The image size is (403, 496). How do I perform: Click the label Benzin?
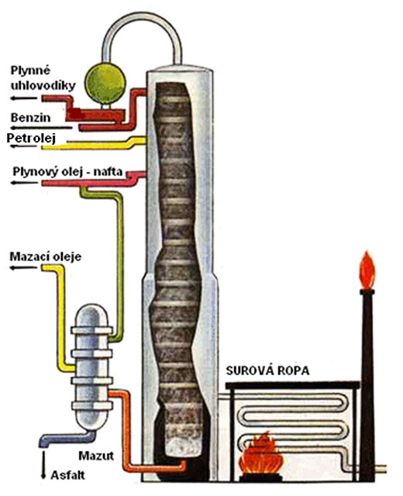(30, 118)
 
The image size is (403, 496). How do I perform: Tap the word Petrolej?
(31, 138)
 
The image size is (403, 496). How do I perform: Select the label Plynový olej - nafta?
(67, 171)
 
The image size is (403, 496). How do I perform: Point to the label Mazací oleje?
(46, 257)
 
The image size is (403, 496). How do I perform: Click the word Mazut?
(96, 456)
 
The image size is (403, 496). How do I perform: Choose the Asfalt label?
(67, 475)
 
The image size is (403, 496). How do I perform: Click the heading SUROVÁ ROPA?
(267, 370)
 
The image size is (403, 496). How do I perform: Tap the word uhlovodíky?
(43, 85)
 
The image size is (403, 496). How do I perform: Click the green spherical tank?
(105, 84)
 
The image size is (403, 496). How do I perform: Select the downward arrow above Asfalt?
(43, 467)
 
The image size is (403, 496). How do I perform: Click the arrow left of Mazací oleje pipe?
(24, 267)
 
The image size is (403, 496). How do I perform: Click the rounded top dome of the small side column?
(91, 315)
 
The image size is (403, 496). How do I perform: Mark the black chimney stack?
(367, 385)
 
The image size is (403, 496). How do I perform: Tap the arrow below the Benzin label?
(41, 128)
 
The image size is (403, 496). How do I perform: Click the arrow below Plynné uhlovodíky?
(24, 98)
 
